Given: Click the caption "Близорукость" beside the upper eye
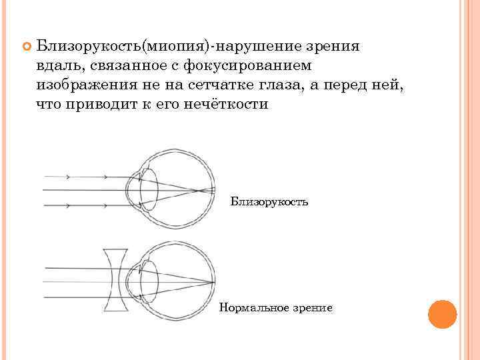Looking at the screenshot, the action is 269,201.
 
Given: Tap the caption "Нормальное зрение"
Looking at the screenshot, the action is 275,307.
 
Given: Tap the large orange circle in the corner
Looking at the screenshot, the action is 442,314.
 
